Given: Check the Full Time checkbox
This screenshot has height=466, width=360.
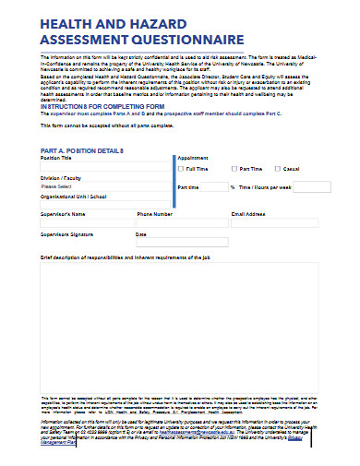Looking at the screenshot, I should [181, 169].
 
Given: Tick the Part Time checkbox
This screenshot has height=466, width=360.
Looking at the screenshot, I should [234, 169].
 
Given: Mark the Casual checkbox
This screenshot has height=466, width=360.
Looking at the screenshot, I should [277, 169].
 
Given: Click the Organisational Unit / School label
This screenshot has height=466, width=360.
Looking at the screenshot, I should [75, 196].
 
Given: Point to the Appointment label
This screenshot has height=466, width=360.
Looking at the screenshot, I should [193, 158].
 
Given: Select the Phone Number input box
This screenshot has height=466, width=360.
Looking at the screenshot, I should [181, 223].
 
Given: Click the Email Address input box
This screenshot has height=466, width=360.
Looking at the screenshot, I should [274, 223].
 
